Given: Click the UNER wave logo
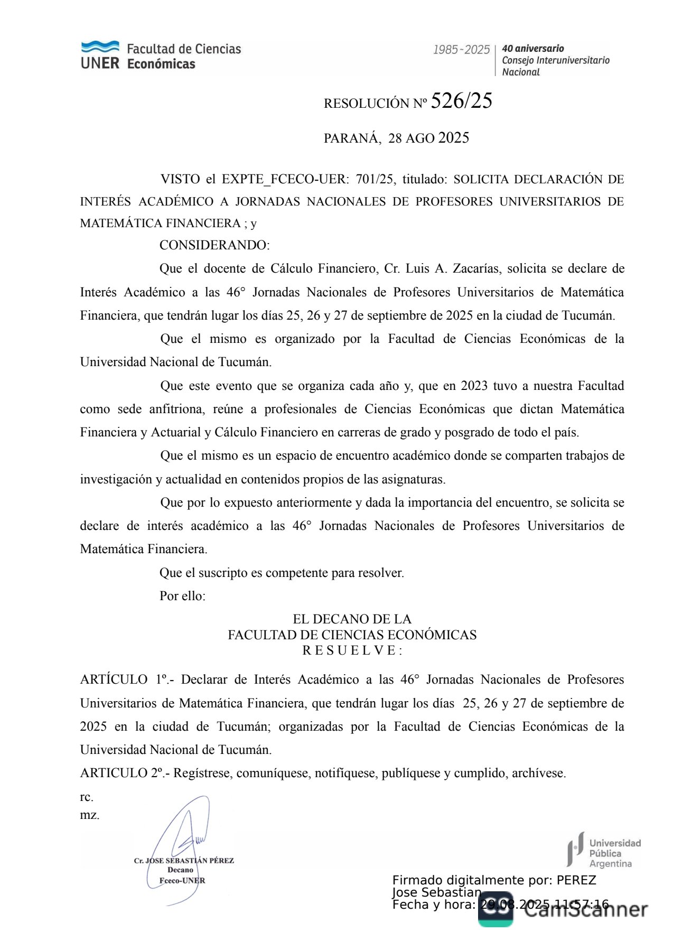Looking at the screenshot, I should tap(100, 47).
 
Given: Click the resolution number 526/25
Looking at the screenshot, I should tap(461, 101).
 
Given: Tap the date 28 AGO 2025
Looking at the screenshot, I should tap(428, 138).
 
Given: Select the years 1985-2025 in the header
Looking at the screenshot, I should tap(461, 50).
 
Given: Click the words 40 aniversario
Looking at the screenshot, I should tap(532, 49).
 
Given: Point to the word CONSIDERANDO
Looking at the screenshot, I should tap(214, 245).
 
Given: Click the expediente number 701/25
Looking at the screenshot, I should tap(375, 179).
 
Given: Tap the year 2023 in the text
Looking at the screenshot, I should tap(474, 386).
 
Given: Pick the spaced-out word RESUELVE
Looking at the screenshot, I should tap(351, 651).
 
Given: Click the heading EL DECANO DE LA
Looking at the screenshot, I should tap(352, 619).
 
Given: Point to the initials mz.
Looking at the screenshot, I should tap(89, 815).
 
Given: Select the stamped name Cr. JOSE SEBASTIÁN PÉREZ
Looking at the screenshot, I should tap(184, 860).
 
